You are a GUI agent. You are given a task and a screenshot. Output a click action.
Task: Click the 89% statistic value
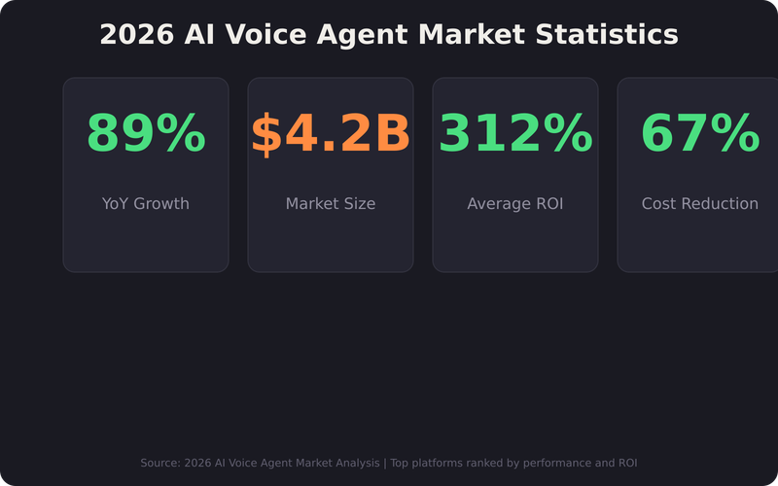point(146,134)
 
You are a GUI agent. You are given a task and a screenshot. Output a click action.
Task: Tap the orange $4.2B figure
point(331,134)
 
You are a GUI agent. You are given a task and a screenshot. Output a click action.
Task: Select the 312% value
point(515,134)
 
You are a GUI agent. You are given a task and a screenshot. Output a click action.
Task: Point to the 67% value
point(700,134)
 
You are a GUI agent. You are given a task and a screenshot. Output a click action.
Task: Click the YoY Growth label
point(146,204)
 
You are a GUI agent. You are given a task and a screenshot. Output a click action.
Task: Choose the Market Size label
point(331,204)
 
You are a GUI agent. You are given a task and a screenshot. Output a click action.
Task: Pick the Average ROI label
point(515,204)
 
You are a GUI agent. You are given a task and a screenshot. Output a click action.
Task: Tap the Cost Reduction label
point(700,204)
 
